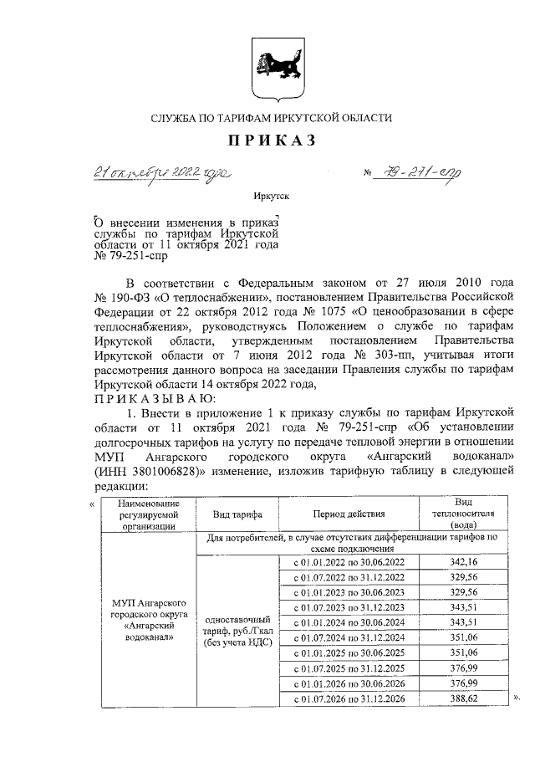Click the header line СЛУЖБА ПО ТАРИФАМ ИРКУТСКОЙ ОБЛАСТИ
point(270,119)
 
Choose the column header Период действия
point(349,514)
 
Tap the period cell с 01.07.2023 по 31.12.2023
point(349,606)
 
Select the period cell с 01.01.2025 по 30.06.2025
point(349,652)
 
